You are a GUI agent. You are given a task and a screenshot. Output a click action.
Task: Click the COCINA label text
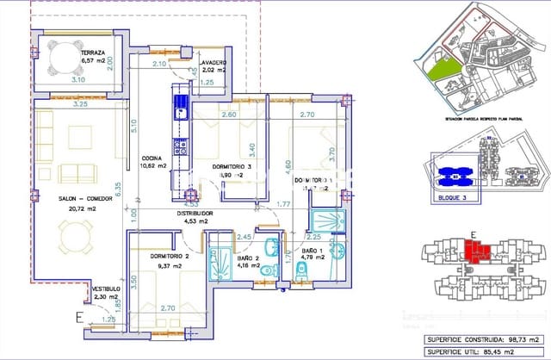(155, 159)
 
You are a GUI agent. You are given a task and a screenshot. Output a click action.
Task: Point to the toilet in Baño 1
(300, 274)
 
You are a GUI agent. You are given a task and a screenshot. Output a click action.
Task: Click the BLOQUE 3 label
(446, 197)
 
